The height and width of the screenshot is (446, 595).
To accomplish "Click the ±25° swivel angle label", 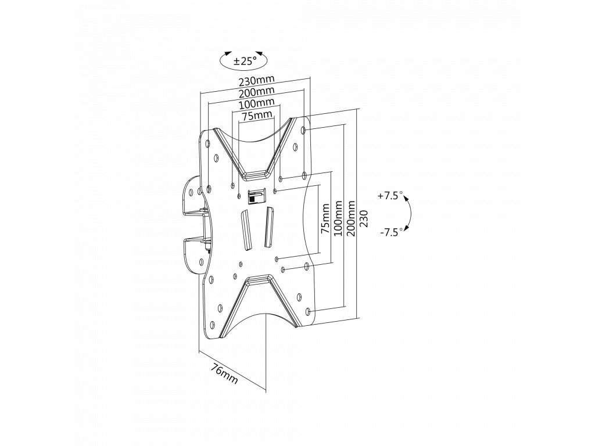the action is coord(245,60).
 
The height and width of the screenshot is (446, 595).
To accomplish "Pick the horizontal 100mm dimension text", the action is coord(256,104).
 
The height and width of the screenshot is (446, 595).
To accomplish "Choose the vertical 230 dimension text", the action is coord(363,219).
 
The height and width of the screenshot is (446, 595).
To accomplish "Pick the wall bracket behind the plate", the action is coord(192,226).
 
